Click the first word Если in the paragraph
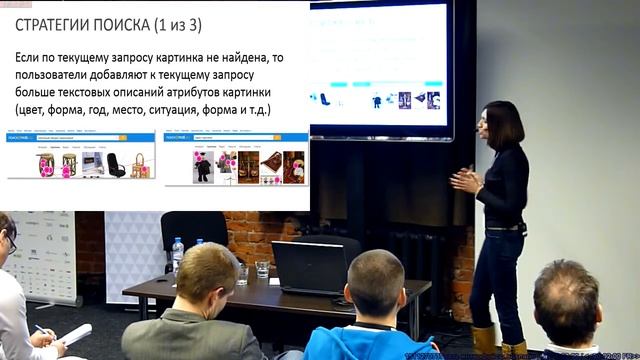point(29,59)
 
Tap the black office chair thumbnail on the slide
point(116,165)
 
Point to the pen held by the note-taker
point(42,330)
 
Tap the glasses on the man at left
point(12,242)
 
